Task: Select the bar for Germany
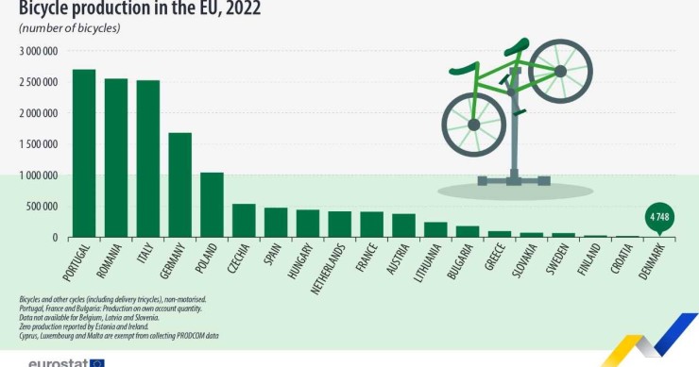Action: pos(179,185)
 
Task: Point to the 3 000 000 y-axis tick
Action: pos(39,51)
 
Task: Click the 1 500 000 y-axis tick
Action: pos(39,144)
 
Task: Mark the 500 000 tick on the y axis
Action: pos(43,207)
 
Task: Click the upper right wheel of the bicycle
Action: pos(560,71)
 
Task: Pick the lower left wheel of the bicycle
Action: pos(474,125)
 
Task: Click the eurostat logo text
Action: pos(59,362)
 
